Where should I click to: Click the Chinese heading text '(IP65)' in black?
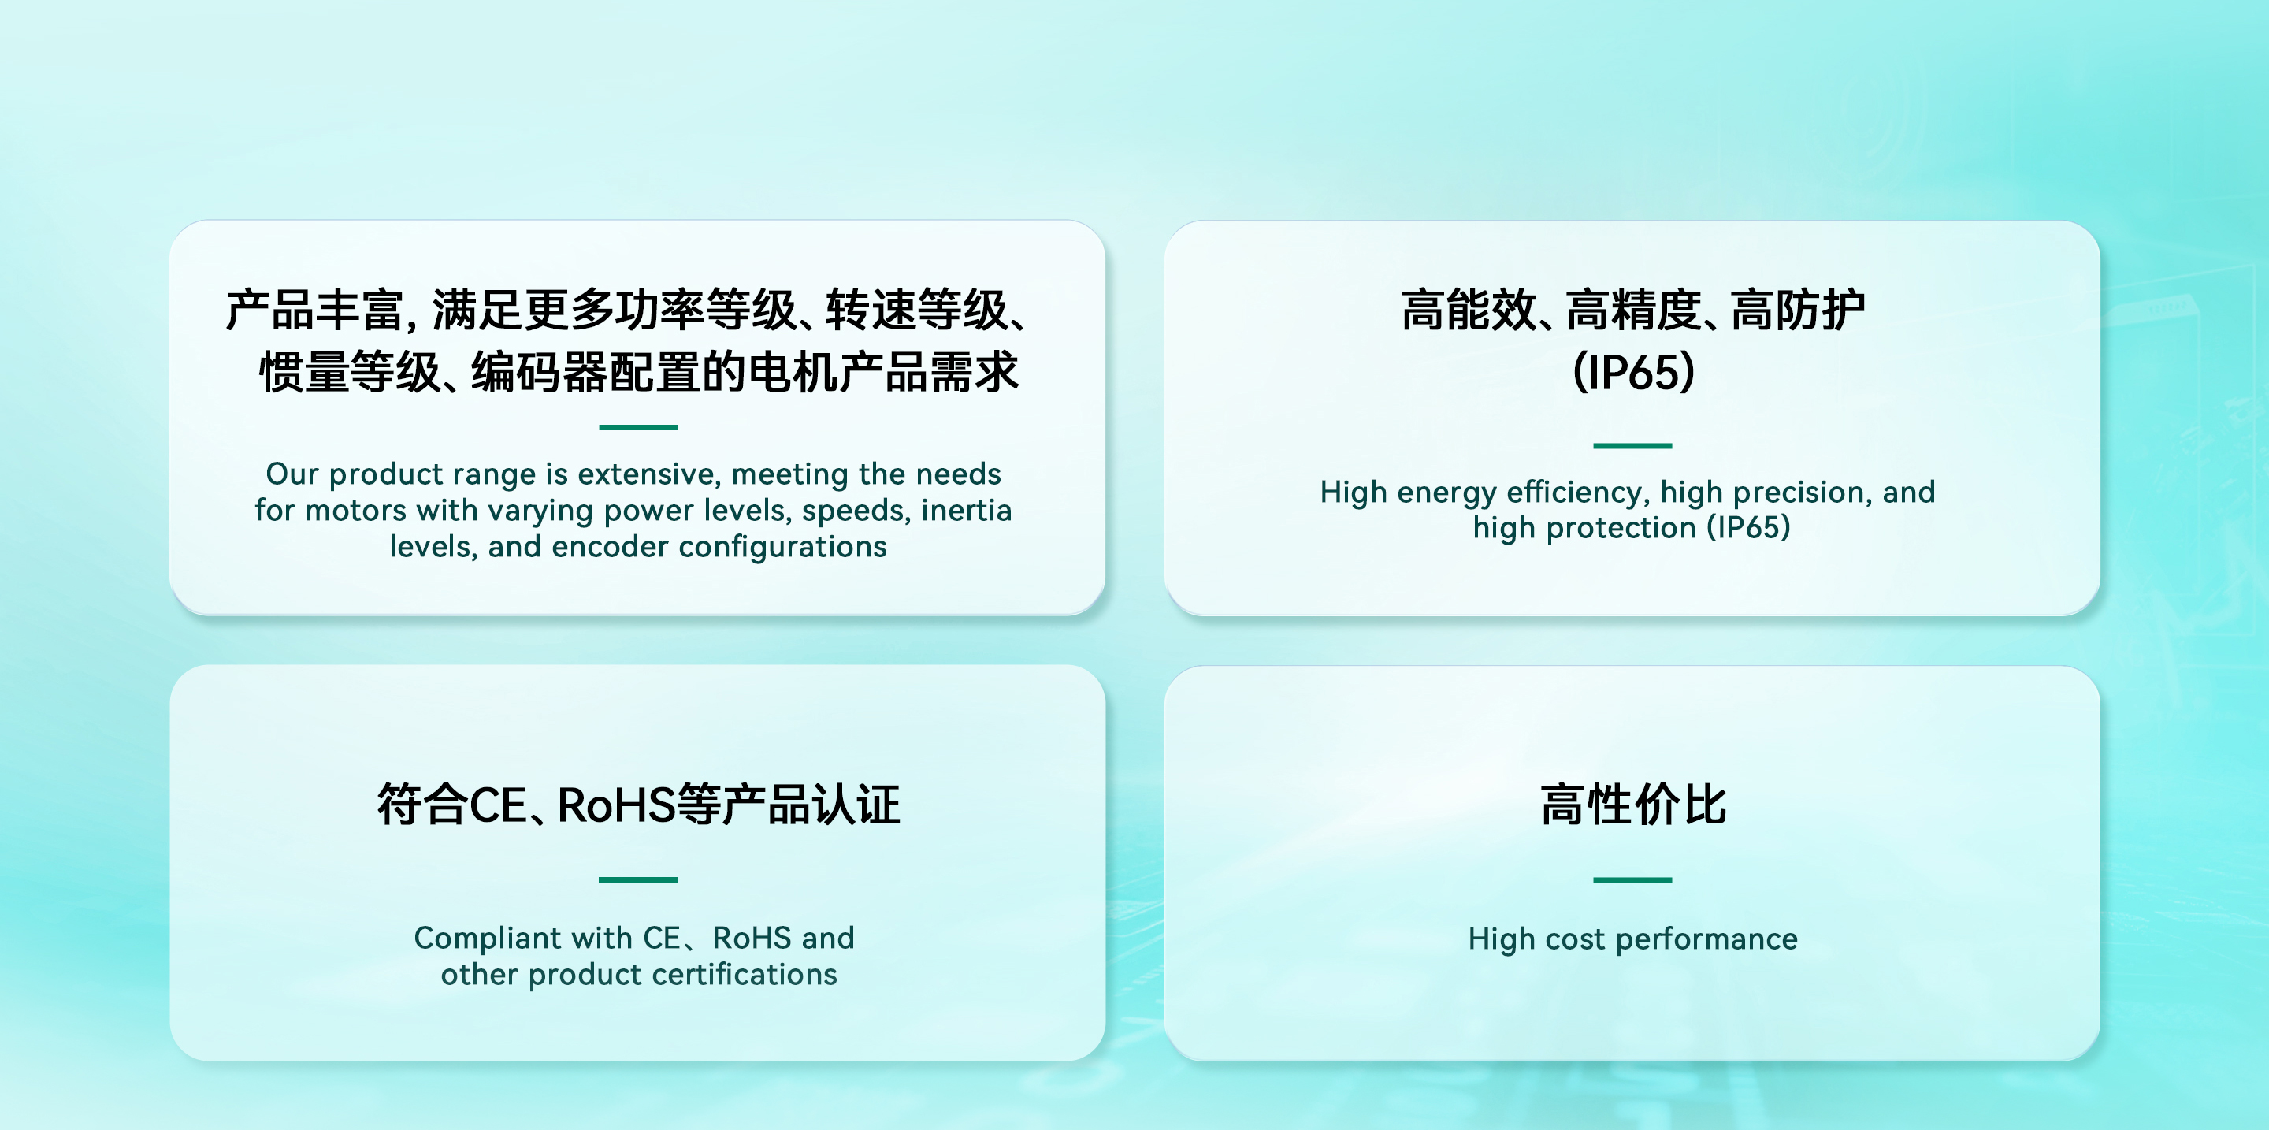(1633, 372)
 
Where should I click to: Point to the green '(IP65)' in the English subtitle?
(1748, 527)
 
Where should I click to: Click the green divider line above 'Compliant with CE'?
(637, 879)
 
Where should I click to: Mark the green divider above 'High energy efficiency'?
(1632, 446)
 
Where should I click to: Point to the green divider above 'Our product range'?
(637, 427)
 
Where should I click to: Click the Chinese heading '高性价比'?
(1633, 804)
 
